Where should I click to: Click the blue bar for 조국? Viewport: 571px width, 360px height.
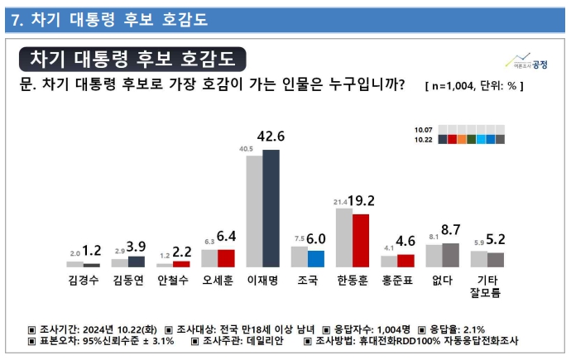(315, 258)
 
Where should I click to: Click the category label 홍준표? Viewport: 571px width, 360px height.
(397, 280)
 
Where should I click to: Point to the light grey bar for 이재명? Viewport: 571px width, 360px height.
(254, 211)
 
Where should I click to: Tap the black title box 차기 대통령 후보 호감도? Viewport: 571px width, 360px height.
(132, 59)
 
